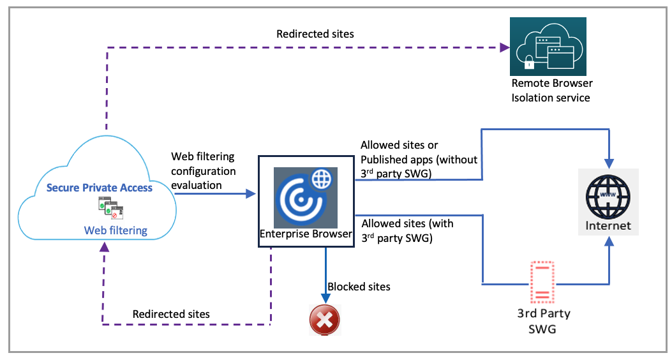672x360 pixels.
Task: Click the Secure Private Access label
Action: tap(100, 188)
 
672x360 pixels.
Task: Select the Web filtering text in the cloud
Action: tap(116, 230)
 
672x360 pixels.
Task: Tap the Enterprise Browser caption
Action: tap(306, 234)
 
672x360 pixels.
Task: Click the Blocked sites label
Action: tap(359, 287)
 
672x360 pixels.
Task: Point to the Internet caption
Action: tap(609, 225)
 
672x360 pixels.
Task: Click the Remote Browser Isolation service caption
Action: tap(552, 91)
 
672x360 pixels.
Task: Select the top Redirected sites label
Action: tap(315, 33)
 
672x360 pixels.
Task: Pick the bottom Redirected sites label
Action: tap(171, 314)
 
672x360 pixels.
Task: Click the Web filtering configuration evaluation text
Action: tap(203, 170)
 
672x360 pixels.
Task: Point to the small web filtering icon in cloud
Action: tap(110, 208)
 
